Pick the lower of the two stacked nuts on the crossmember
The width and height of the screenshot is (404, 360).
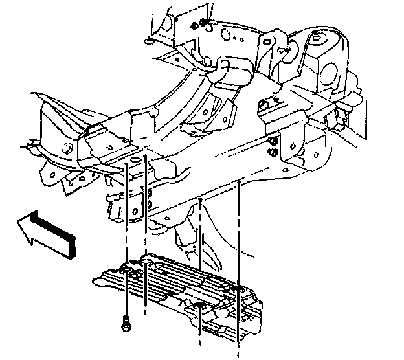point(273,153)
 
